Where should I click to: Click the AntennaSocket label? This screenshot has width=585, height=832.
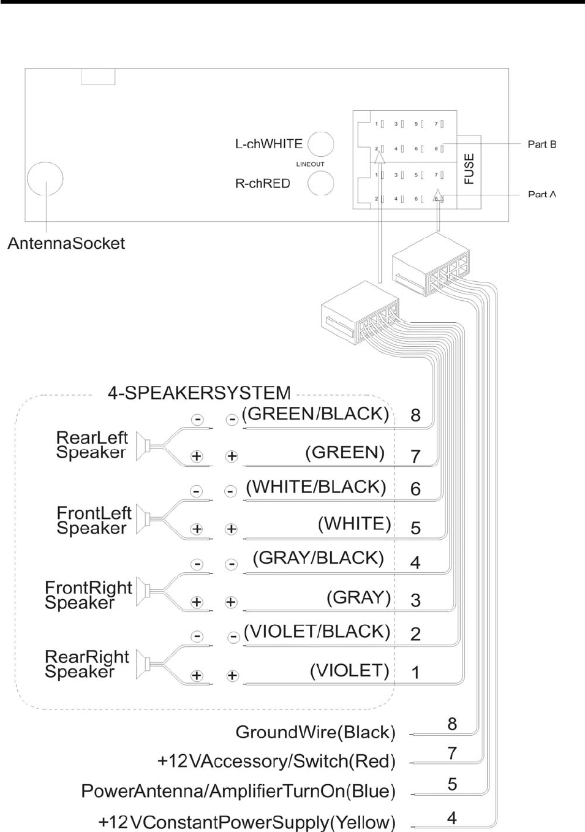tap(66, 243)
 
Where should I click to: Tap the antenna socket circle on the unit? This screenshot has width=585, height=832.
tap(45, 180)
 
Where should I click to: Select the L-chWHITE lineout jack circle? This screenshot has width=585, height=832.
tap(320, 145)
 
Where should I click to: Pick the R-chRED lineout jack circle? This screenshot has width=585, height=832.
tap(320, 183)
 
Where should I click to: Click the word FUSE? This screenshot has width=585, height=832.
tap(469, 168)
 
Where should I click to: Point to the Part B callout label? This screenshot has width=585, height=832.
tap(542, 145)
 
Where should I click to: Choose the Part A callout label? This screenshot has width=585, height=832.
tap(542, 194)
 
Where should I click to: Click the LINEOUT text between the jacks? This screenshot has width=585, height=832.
tap(310, 164)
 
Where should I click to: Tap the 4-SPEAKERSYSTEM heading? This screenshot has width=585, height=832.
tap(199, 393)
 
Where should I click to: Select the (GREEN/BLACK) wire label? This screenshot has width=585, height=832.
tap(315, 414)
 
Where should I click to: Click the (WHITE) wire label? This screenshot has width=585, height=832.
tap(354, 524)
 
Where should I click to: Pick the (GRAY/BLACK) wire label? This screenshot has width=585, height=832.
tap(319, 558)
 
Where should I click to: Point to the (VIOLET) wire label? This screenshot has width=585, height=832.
tap(349, 671)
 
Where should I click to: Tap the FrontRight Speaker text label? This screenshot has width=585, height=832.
tap(88, 595)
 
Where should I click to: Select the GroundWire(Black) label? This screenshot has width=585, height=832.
tap(315, 732)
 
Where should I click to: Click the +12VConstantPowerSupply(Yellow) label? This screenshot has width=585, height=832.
tap(247, 822)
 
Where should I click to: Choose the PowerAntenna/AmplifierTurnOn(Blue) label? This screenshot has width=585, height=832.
tap(238, 791)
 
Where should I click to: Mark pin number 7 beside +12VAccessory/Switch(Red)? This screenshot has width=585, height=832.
tap(452, 753)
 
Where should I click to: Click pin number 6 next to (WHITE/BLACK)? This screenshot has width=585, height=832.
tap(415, 489)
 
